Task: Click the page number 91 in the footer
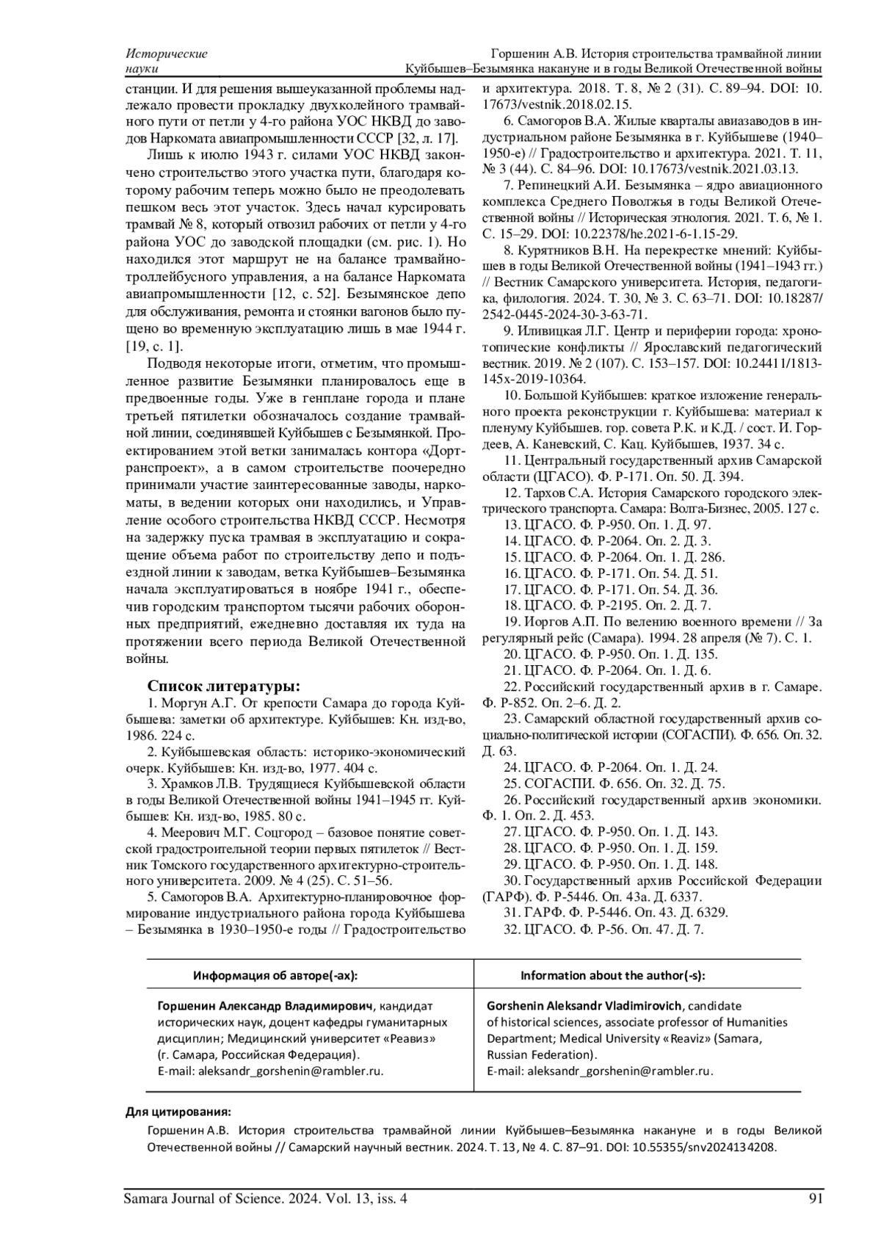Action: [x=813, y=1199]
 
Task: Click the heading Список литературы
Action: [x=223, y=686]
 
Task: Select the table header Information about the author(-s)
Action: [x=612, y=976]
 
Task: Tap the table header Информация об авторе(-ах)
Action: [x=275, y=976]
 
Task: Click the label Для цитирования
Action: [x=178, y=1112]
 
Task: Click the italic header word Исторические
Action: [x=167, y=54]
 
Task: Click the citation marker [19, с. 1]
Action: [x=155, y=347]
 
